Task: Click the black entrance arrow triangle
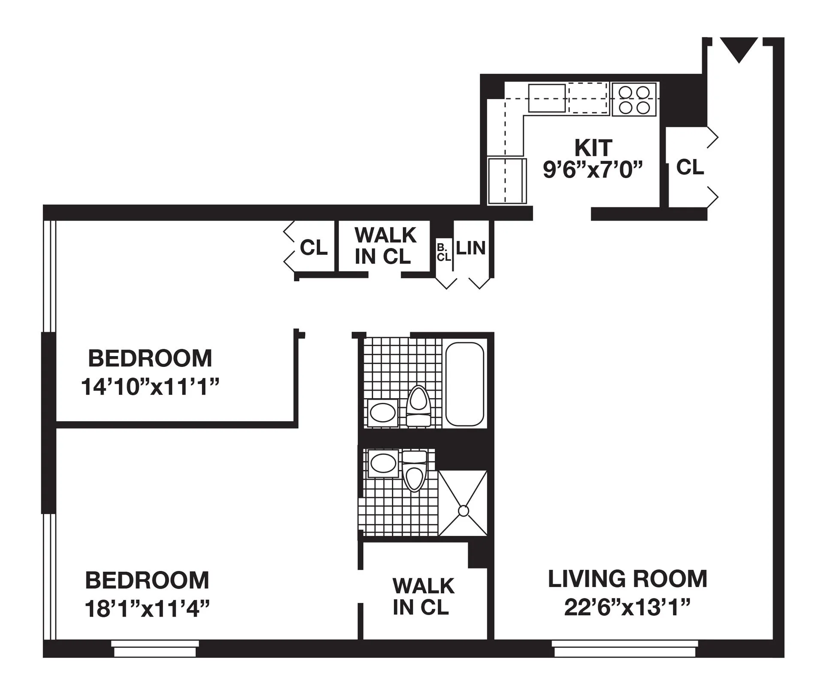(739, 48)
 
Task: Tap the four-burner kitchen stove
(634, 100)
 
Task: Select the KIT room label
(593, 148)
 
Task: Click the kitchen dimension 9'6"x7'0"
(593, 170)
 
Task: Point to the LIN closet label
(470, 248)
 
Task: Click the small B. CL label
(443, 253)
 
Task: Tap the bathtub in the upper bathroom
(464, 384)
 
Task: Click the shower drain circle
(463, 511)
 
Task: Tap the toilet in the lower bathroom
(414, 472)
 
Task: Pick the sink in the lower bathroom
(383, 463)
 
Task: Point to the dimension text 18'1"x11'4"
(147, 609)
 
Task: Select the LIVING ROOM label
(627, 579)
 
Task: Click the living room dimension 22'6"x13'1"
(627, 607)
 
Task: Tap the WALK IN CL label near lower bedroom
(423, 597)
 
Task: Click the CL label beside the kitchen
(690, 167)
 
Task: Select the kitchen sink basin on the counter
(547, 98)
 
